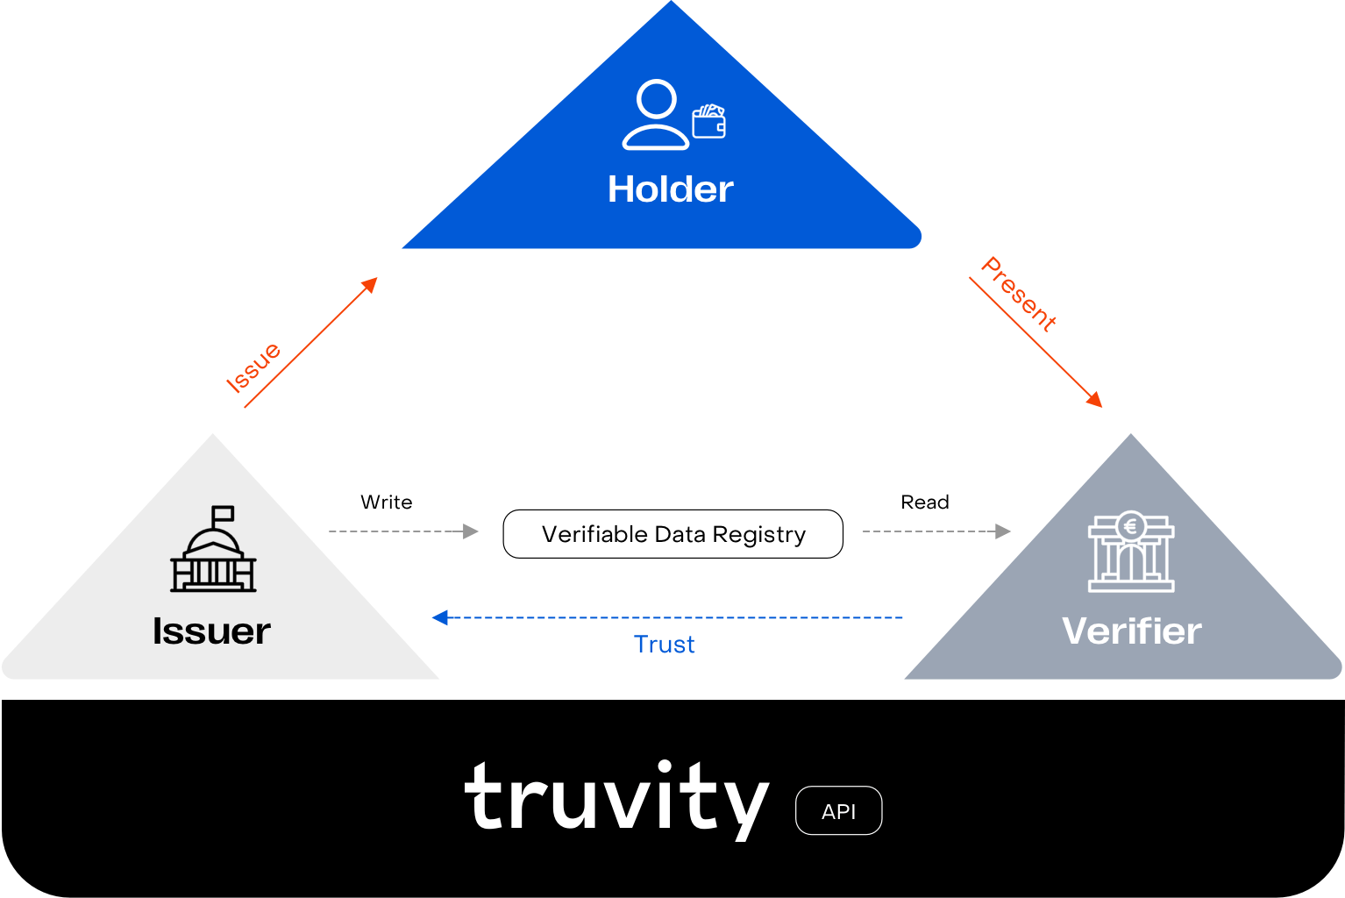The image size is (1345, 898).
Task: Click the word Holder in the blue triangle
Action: (x=670, y=189)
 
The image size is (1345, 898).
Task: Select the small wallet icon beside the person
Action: (x=709, y=121)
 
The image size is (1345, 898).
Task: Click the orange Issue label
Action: (x=253, y=367)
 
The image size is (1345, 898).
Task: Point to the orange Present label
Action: (x=1019, y=294)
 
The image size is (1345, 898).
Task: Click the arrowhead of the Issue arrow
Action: (x=370, y=284)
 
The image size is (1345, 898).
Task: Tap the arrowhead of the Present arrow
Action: (x=1094, y=399)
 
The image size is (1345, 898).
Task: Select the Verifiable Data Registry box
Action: (x=672, y=534)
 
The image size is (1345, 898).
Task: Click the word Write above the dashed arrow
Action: (x=386, y=502)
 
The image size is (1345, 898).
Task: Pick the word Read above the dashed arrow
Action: (x=925, y=502)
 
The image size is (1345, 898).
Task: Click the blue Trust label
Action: (x=664, y=645)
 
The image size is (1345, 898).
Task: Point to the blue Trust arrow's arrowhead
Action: (x=440, y=617)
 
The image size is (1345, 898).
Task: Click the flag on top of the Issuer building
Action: (x=223, y=514)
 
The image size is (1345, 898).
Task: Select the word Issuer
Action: (x=211, y=631)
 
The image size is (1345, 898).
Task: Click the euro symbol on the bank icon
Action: (x=1131, y=527)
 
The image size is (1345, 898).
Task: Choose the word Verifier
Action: (x=1132, y=631)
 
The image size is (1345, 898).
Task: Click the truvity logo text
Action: (x=616, y=799)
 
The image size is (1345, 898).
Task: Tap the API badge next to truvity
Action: (x=839, y=811)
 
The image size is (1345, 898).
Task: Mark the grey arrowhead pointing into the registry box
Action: (x=471, y=531)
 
